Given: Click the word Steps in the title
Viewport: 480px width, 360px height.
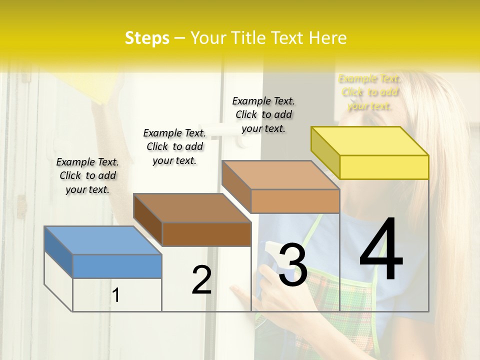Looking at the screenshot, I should pyautogui.click(x=147, y=38).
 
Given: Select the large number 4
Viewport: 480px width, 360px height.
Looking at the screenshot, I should pyautogui.click(x=381, y=250).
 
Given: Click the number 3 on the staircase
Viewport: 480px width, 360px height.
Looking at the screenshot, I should pyautogui.click(x=292, y=265).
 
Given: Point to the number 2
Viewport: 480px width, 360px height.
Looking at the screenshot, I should pyautogui.click(x=201, y=280).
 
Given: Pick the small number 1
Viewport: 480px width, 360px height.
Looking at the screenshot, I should pyautogui.click(x=116, y=295).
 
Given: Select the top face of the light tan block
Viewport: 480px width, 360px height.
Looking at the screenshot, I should pyautogui.click(x=280, y=175).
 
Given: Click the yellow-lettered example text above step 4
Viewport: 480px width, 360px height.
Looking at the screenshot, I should pyautogui.click(x=369, y=92).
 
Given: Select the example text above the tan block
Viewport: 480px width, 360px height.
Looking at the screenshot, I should pyautogui.click(x=263, y=114).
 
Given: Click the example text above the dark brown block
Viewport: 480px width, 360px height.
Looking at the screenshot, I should pyautogui.click(x=174, y=146).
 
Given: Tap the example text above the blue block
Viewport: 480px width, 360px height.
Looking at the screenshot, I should pyautogui.click(x=87, y=175).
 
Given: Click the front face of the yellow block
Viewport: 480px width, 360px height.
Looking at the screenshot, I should pyautogui.click(x=384, y=167).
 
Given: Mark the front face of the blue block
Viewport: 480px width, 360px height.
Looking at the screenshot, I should pyautogui.click(x=117, y=266).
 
